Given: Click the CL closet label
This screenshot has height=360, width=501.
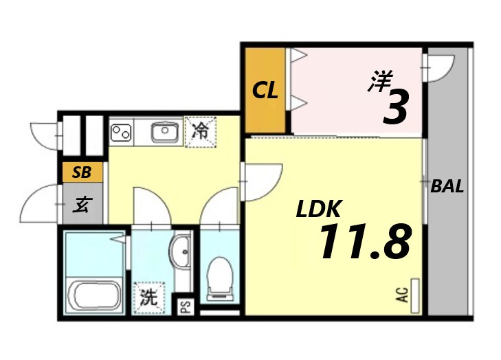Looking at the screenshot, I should pyautogui.click(x=265, y=90).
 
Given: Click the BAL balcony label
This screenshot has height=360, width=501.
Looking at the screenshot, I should pyautogui.click(x=447, y=186).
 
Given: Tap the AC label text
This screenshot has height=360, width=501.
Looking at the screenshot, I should pyautogui.click(x=402, y=295).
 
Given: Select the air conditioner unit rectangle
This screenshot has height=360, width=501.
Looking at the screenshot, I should pyautogui.click(x=414, y=296).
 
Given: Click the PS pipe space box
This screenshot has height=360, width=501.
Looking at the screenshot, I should pyautogui.click(x=185, y=306).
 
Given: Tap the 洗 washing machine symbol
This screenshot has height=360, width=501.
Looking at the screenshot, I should pyautogui.click(x=149, y=298).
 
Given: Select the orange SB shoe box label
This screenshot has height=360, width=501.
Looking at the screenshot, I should pyautogui.click(x=82, y=172).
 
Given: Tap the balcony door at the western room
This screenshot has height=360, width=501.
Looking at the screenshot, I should pyautogui.click(x=438, y=67).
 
